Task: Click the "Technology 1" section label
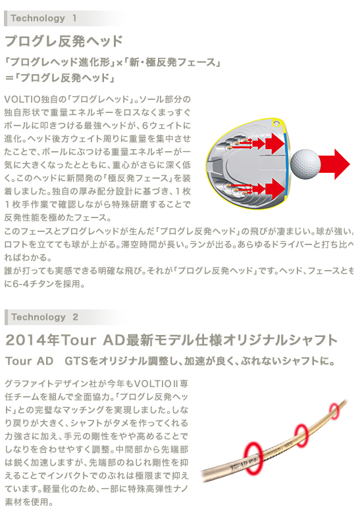coord(43,18)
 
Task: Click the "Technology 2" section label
coord(45,317)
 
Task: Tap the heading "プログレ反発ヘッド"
coord(64,41)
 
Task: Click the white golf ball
coord(305,164)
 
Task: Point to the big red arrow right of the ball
coord(334,164)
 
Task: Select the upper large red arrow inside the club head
coord(274,143)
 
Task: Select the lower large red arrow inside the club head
coord(274,189)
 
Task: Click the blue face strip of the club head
coord(288,166)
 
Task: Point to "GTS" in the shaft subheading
coord(77,361)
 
